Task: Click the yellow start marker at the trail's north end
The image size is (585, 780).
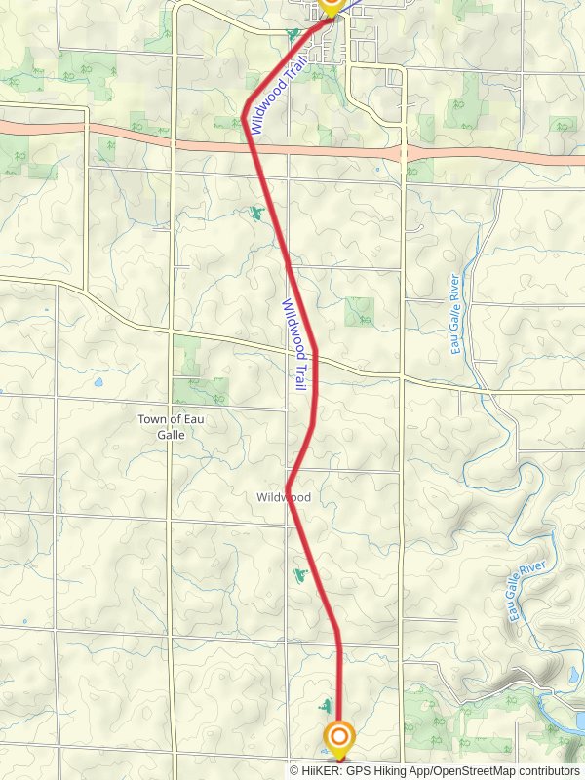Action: [330, 7]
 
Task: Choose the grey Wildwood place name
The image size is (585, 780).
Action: [284, 497]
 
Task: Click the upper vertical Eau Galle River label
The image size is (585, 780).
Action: [455, 315]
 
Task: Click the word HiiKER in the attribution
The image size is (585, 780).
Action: [324, 770]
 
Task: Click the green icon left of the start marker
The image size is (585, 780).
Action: [292, 35]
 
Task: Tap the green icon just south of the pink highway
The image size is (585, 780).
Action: [256, 212]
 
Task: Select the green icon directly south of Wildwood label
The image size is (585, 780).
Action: [301, 575]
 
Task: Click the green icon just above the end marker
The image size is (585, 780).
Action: [325, 704]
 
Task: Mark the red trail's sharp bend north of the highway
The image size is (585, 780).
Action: [244, 117]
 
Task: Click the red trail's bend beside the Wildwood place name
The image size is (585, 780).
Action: [289, 485]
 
